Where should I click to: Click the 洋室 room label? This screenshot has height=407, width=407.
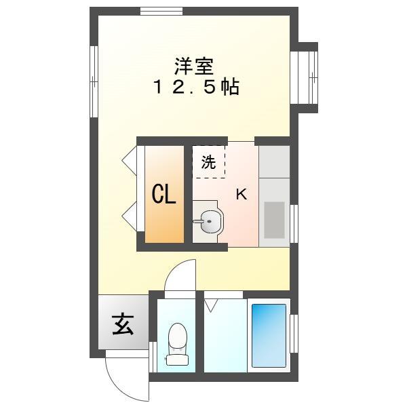coord(194,66)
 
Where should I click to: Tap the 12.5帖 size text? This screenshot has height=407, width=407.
coord(194,88)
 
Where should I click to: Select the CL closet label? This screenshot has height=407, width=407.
coord(163,195)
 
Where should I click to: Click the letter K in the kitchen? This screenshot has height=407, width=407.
coord(241,195)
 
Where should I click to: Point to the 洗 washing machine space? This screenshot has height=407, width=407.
coord(209,162)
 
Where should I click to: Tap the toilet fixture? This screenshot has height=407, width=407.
coord(176,343)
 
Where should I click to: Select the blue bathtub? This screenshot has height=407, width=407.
coord(269,334)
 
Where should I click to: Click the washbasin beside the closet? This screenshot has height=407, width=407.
coord(210,220)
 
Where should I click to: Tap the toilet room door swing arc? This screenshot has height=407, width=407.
coord(178,275)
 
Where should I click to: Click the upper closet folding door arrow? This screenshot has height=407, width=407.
coord(128,162)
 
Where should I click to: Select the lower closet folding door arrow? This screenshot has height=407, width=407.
coord(128,217)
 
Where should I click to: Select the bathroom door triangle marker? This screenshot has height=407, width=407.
coord(210,305)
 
